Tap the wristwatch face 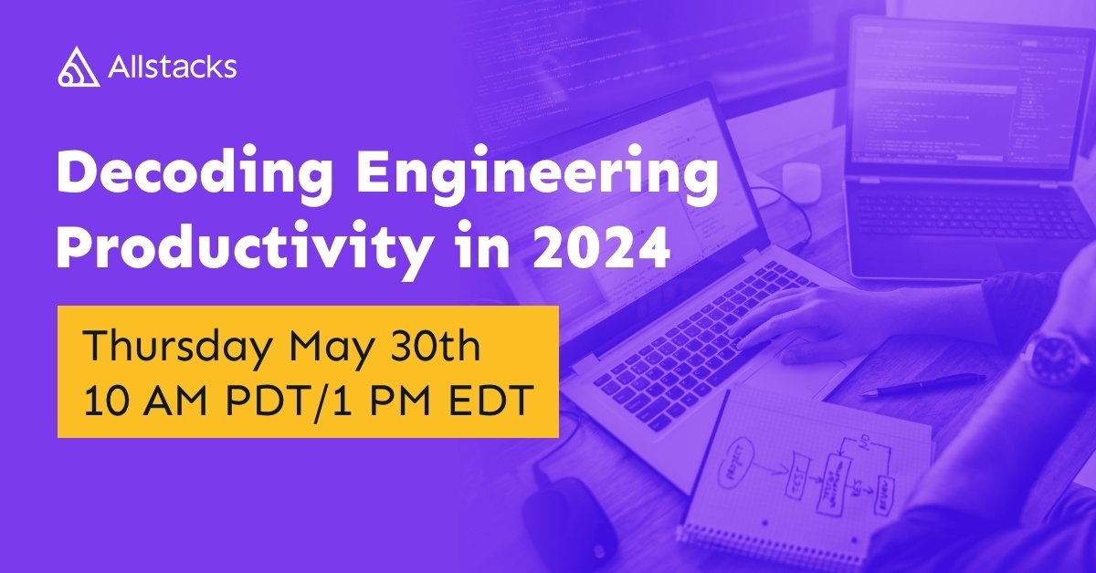click(1056, 354)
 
